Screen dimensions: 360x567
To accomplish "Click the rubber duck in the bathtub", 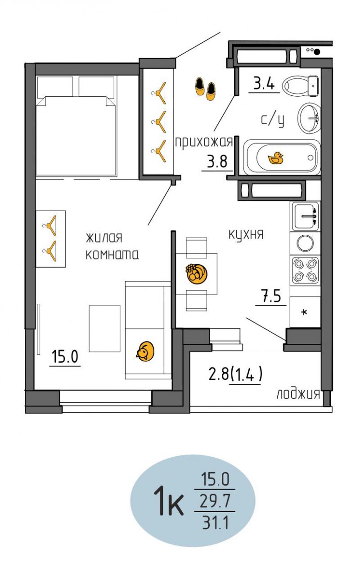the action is [276, 158].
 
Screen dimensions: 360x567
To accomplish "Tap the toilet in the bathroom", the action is [301, 86].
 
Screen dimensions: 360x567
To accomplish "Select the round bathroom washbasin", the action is [309, 118].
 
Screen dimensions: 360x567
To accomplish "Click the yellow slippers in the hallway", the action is [205, 89].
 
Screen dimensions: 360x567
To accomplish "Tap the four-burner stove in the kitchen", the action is [305, 270].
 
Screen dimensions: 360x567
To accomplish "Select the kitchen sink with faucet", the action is [306, 216].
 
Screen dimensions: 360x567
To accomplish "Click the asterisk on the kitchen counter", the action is [304, 312].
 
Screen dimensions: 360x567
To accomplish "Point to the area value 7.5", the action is [271, 296].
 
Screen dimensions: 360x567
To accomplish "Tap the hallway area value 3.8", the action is [217, 162].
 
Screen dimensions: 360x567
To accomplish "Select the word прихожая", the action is [204, 142].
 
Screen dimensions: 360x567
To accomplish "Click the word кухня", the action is [246, 234].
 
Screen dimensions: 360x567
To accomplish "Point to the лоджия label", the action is [298, 394].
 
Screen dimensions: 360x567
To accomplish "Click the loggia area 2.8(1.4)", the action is [235, 374].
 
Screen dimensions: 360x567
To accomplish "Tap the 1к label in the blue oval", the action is [168, 501].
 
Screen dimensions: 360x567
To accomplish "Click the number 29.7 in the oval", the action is [215, 501].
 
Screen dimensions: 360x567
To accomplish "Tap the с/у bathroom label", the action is [273, 120].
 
